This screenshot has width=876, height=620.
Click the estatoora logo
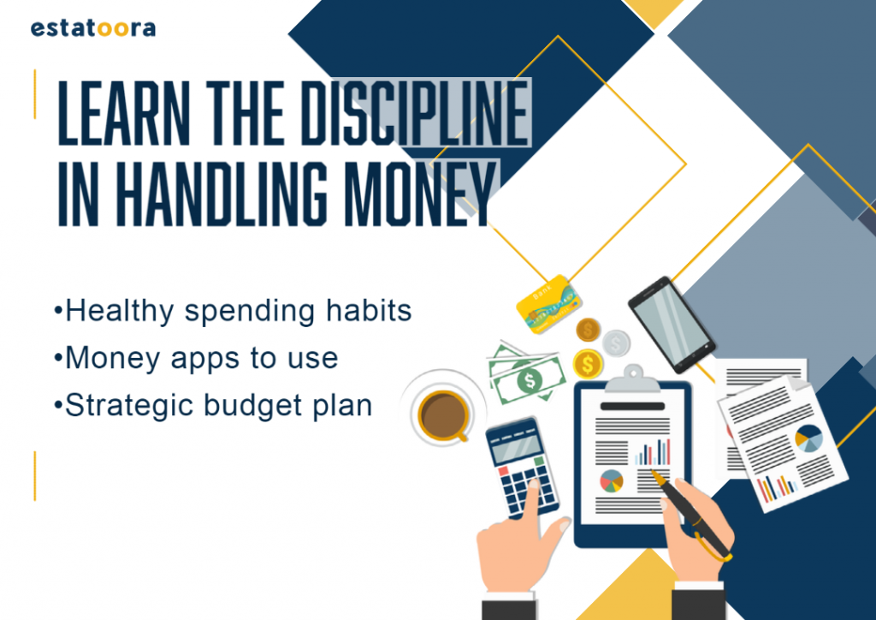click(x=92, y=28)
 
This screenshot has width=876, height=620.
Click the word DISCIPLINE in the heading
click(x=416, y=113)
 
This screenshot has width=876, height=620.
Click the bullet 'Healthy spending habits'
click(x=233, y=312)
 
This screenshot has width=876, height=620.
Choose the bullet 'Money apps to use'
click(x=196, y=358)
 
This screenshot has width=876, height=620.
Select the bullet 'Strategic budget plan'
click(x=213, y=406)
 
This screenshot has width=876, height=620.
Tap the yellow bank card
click(x=548, y=304)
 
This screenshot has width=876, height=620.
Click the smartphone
click(x=672, y=325)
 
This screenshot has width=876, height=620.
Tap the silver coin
click(x=616, y=343)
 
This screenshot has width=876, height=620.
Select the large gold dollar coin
click(x=588, y=365)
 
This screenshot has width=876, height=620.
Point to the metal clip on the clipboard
click(x=632, y=379)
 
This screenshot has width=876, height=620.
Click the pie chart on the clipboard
click(x=611, y=480)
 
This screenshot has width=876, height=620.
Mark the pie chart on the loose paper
click(x=808, y=438)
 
